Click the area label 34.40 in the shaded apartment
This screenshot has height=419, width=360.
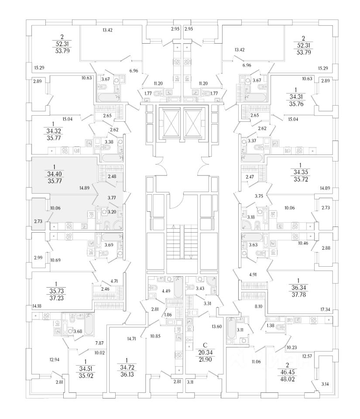tap(54, 174)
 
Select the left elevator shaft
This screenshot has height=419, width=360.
tap(168, 122)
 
